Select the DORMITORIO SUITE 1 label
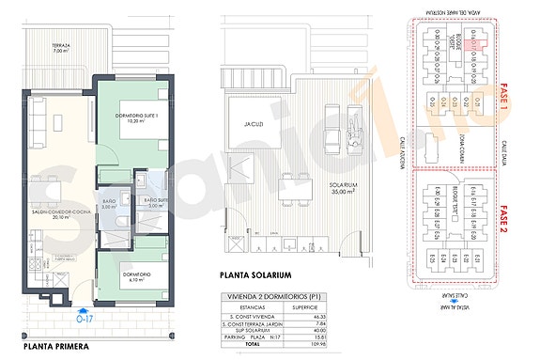pos(132,117)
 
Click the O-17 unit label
pos(85,316)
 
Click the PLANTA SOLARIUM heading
pos(256,275)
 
